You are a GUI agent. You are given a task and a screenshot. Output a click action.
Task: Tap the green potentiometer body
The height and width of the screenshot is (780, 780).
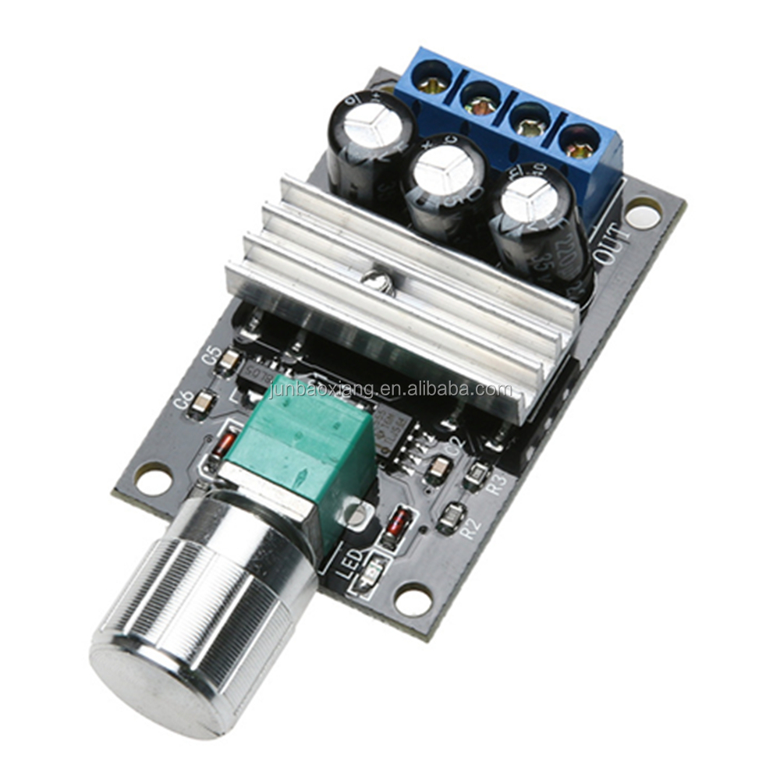tap(304, 452)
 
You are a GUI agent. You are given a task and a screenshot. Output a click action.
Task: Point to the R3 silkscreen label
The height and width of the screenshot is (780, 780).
tap(496, 484)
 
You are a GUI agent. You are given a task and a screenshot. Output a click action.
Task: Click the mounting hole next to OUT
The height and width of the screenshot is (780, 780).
tap(643, 213)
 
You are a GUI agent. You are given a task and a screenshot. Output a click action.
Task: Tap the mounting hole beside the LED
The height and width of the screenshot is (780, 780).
tap(413, 600)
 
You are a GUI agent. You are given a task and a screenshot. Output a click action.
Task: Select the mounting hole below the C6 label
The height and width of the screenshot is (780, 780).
tap(153, 478)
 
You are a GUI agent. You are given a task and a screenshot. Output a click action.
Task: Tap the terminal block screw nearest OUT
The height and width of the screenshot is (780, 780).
tap(580, 144)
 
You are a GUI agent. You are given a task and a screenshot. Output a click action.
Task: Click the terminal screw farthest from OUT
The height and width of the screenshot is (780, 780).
tap(431, 78)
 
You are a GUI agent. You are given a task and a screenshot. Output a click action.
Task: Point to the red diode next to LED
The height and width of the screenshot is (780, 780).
tap(399, 524)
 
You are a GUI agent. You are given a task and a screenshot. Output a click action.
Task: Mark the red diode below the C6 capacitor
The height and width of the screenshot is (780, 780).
tap(225, 445)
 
